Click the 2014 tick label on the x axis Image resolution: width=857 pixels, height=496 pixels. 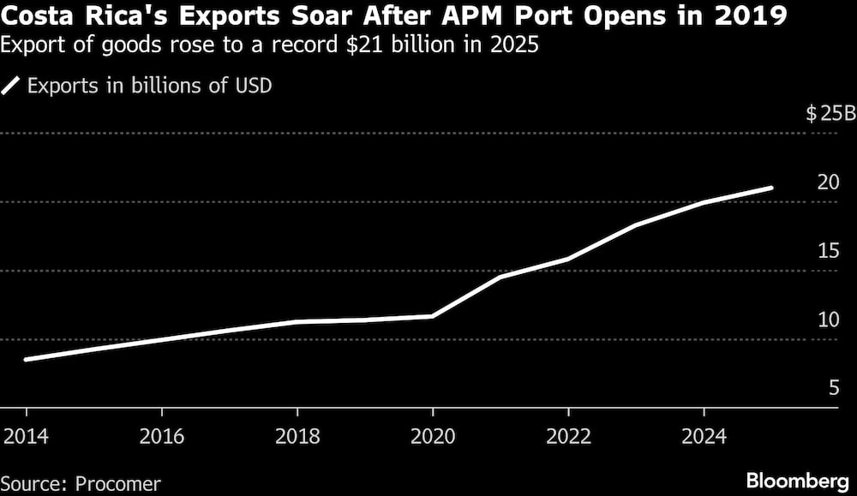(26, 436)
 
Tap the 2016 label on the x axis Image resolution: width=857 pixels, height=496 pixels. (161, 436)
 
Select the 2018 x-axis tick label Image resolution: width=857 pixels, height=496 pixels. (297, 436)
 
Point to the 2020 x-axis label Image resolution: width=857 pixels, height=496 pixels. (432, 436)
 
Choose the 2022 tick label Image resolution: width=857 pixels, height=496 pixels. (567, 436)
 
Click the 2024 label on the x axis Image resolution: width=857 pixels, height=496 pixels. (703, 436)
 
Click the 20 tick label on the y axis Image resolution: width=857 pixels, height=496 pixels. (827, 182)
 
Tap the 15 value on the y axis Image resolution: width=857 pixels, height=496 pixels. (827, 251)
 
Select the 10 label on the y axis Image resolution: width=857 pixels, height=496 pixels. (827, 320)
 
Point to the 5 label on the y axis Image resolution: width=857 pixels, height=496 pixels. (832, 388)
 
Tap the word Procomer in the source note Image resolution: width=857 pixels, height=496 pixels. (118, 483)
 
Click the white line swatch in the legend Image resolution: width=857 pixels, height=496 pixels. (13, 86)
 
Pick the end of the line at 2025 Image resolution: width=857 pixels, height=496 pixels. (771, 188)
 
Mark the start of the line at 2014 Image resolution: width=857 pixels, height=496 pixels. (26, 359)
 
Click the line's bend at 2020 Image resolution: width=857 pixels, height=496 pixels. (432, 316)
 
